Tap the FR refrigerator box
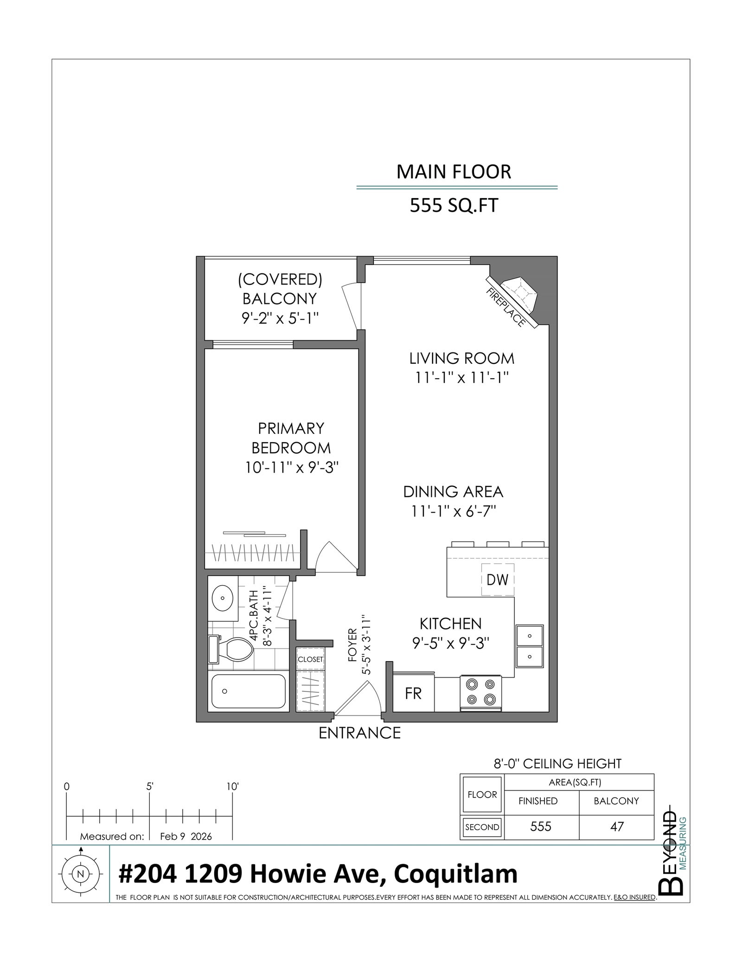[413, 693]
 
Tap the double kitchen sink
[530, 645]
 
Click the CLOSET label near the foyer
[310, 659]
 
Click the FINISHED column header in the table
[538, 801]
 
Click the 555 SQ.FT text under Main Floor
[454, 205]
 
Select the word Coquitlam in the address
[455, 874]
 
